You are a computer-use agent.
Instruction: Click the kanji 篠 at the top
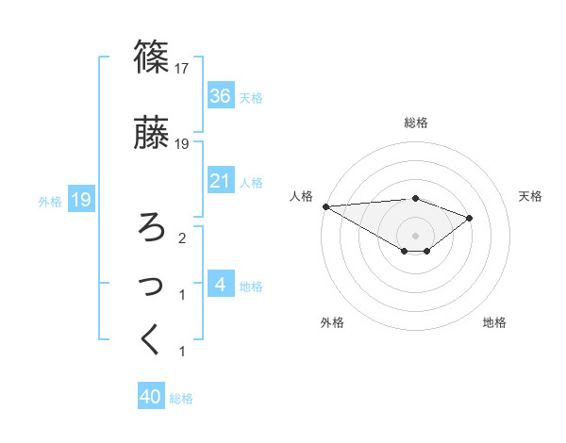[152, 57]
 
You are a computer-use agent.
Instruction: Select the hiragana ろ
[152, 227]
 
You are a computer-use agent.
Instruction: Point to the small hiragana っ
[152, 286]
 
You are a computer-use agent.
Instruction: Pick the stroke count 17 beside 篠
[183, 69]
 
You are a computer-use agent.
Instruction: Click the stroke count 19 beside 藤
[183, 144]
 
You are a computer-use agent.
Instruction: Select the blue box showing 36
[220, 96]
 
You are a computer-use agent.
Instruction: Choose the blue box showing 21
[220, 181]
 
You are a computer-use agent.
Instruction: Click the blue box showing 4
[220, 285]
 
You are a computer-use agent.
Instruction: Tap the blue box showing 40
[151, 398]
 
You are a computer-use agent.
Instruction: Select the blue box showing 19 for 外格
[80, 200]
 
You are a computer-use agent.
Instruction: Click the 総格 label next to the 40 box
[181, 399]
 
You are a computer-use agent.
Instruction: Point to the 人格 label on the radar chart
[302, 196]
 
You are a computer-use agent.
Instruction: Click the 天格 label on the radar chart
[531, 196]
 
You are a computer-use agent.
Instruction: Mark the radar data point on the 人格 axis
[325, 206]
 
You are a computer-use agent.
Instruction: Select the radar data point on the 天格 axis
[469, 218]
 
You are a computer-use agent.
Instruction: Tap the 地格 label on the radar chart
[494, 322]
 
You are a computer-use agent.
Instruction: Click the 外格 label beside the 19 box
[50, 201]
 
